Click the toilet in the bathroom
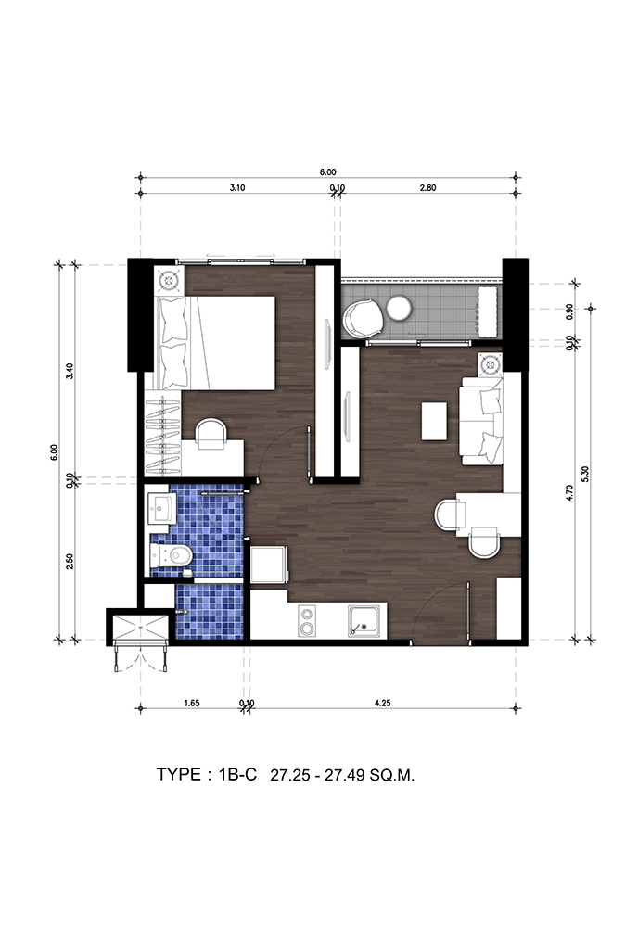click(171, 555)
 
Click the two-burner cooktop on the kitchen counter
click(307, 621)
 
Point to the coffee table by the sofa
click(435, 420)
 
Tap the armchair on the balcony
click(364, 317)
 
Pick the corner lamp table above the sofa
click(491, 363)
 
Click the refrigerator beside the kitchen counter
click(269, 565)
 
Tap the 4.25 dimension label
click(383, 703)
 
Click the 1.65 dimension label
click(192, 703)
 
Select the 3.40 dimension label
click(70, 371)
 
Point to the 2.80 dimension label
click(427, 188)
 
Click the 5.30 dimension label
click(585, 474)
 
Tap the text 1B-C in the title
click(237, 774)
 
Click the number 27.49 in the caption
click(345, 775)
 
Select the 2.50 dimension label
click(70, 561)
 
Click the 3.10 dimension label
click(236, 188)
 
